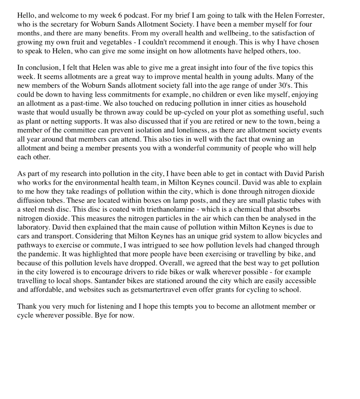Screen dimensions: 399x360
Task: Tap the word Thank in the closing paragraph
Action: [x=26, y=307]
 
